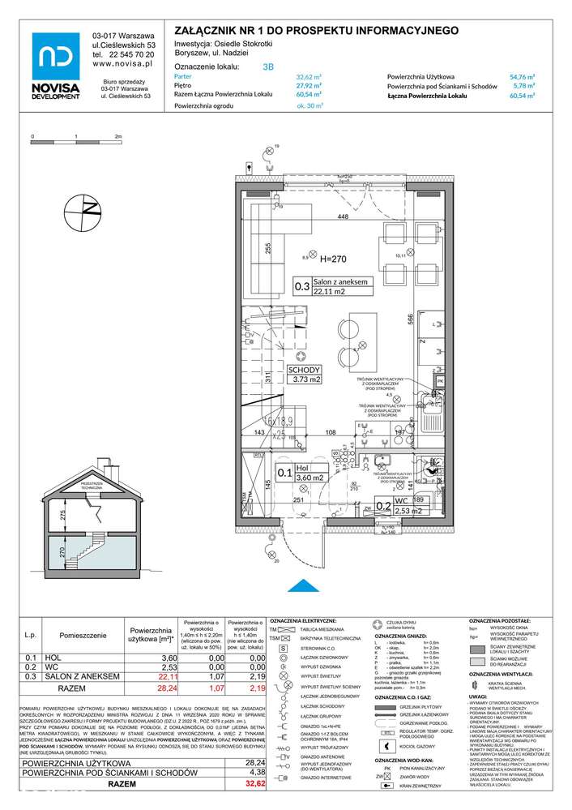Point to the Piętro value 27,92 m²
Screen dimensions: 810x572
309,84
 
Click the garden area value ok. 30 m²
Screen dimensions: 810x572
309,105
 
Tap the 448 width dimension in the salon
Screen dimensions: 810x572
343,216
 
